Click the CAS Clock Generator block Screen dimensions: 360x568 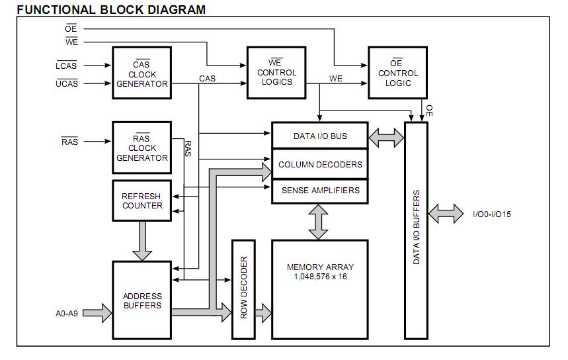click(142, 73)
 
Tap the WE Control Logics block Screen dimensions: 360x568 click(276, 73)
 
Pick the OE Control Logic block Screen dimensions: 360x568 click(397, 73)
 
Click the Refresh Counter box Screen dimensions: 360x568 click(142, 201)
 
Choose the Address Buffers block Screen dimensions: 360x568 click(142, 301)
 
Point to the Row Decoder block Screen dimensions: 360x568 click(243, 289)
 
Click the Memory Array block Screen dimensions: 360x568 click(320, 289)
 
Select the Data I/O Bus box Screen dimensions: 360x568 click(320, 136)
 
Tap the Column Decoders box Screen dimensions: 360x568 click(320, 164)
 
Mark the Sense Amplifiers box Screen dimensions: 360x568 click(320, 191)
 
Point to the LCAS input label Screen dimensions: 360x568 click(67, 66)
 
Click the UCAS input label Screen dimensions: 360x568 click(67, 83)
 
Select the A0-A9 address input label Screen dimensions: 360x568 click(67, 313)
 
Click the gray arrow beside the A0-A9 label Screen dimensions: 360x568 click(97, 312)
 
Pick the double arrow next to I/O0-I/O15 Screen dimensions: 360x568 click(446, 214)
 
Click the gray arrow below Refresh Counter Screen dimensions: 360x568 click(142, 241)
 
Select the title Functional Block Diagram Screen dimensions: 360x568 click(111, 9)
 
